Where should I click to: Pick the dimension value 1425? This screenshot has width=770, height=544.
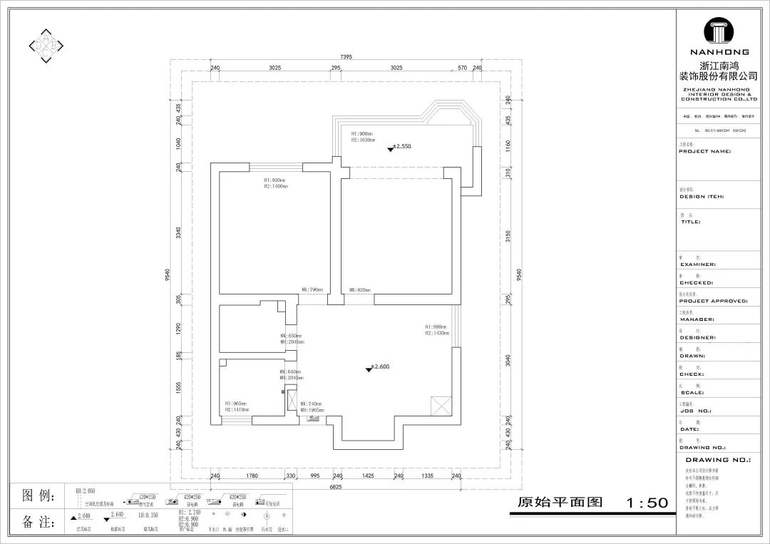pos(368,475)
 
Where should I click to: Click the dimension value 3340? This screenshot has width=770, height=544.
pos(179,232)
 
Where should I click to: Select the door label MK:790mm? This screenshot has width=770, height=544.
pos(312,290)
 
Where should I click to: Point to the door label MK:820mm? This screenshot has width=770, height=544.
pos(360,290)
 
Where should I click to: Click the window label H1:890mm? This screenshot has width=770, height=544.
pos(436,326)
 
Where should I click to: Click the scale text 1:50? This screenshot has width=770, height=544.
pos(647,503)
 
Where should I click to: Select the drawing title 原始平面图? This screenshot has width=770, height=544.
pos(560,503)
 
